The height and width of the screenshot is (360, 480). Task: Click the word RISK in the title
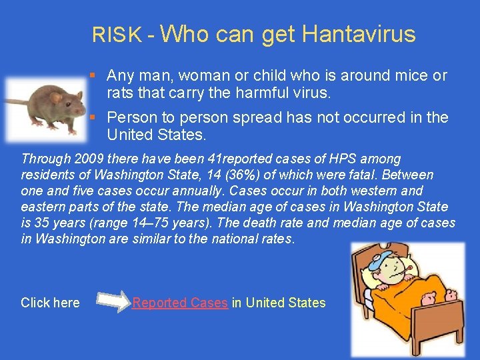pyautogui.click(x=117, y=35)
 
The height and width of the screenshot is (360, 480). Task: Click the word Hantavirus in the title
pyautogui.click(x=359, y=33)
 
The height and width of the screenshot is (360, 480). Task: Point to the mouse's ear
pyautogui.click(x=56, y=97)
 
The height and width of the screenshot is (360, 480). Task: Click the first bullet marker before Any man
pyautogui.click(x=99, y=76)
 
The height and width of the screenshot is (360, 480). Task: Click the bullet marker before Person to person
pyautogui.click(x=99, y=118)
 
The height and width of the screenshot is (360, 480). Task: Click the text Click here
pyautogui.click(x=50, y=303)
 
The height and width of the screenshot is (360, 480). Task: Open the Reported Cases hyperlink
pyautogui.click(x=180, y=303)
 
